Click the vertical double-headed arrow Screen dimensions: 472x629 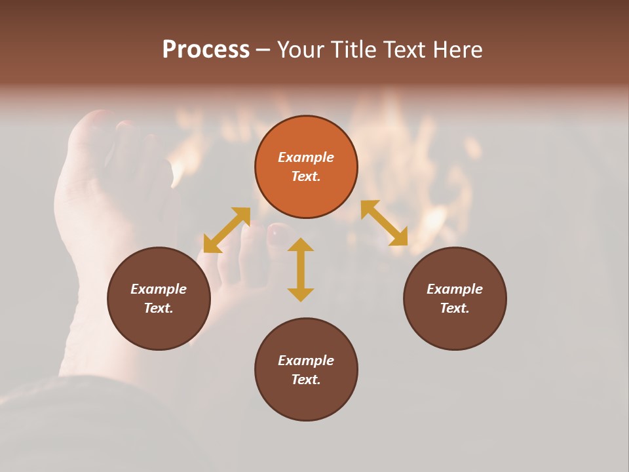[x=301, y=269]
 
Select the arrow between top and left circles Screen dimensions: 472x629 [x=227, y=230]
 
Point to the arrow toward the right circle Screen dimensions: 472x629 [x=384, y=223]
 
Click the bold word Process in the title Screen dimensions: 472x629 [x=206, y=49]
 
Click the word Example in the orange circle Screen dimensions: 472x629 [x=306, y=157]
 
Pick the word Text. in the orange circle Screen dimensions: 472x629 [x=306, y=176]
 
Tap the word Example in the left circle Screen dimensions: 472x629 [x=159, y=289]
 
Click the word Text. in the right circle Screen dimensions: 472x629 [x=455, y=308]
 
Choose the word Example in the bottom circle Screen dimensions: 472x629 [x=306, y=361]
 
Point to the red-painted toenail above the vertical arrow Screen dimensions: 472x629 [x=278, y=230]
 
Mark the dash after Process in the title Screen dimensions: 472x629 [x=263, y=50]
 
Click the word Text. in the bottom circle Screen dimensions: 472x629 [x=306, y=380]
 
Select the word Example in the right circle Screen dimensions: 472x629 [x=455, y=289]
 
